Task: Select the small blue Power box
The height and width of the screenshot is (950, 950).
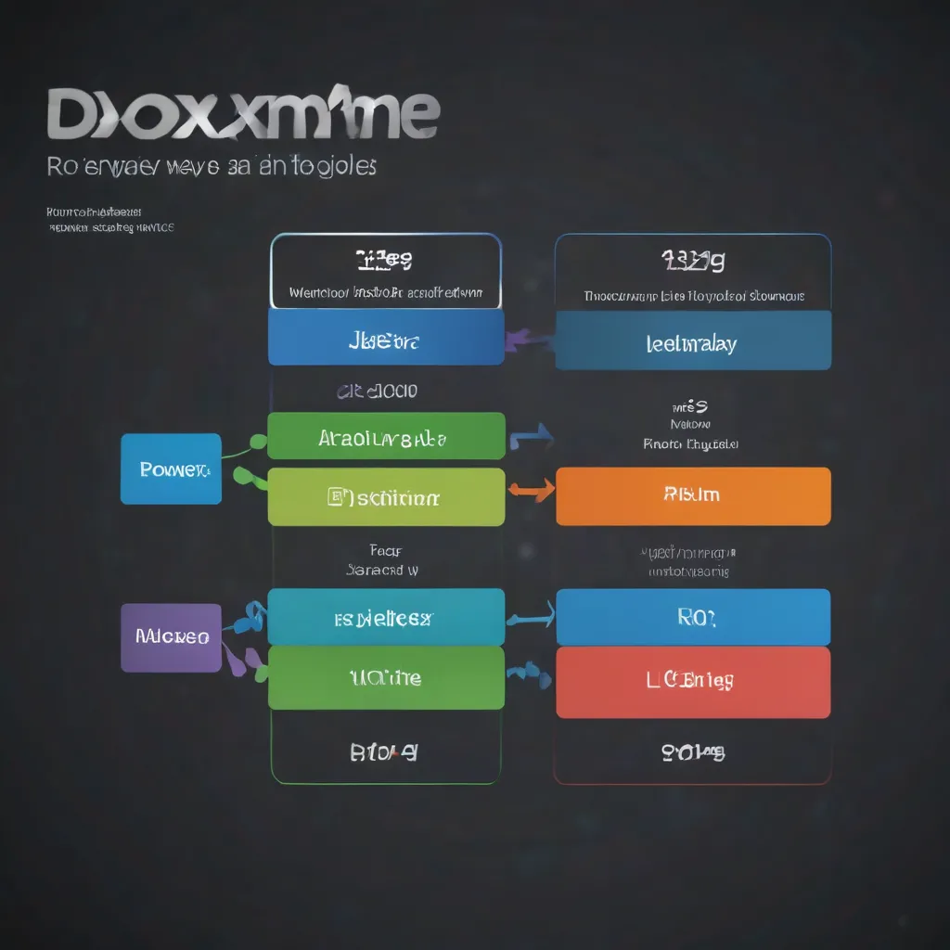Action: tap(171, 469)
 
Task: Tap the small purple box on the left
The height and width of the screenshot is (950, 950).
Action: tap(171, 637)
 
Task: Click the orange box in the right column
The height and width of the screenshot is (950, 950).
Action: tap(693, 495)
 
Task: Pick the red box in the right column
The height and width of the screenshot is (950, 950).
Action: tap(693, 682)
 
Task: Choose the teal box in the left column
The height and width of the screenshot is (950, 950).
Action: tap(386, 617)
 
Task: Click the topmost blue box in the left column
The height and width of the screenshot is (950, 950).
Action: tap(386, 337)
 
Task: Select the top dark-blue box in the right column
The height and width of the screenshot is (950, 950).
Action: tap(693, 340)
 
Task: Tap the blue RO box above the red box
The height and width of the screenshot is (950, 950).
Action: tap(693, 617)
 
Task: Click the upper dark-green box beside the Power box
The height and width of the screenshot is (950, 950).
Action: tap(386, 436)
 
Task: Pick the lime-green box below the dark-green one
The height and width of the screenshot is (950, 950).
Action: tap(386, 496)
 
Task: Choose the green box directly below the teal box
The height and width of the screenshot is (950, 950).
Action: tap(386, 678)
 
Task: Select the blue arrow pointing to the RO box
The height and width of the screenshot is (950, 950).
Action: tap(531, 613)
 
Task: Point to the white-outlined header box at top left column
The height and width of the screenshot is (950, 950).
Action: tap(386, 271)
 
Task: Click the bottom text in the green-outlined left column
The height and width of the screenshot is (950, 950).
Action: tap(383, 752)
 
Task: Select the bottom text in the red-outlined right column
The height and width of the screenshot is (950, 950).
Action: tap(693, 751)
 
